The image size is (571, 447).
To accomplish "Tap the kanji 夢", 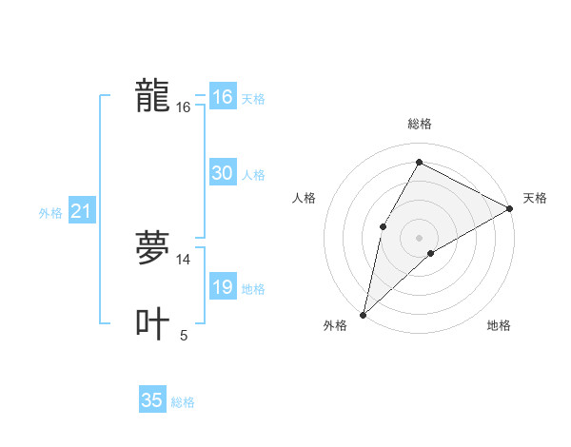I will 152,248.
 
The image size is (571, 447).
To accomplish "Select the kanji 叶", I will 152,323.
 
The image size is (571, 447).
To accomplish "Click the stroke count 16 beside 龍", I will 183,107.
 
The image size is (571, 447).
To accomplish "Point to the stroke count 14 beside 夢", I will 183,259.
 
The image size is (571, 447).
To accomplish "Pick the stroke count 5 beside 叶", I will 184,335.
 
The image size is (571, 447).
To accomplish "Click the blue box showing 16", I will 222,97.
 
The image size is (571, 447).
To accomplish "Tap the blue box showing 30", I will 222,173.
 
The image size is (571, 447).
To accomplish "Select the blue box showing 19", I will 222,287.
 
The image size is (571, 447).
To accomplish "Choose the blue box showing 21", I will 81,211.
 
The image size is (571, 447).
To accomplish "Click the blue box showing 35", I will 152,400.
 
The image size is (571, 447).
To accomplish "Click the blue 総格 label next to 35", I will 183,402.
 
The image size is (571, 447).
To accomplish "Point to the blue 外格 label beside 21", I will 50,213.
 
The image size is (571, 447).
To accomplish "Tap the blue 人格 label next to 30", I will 253,175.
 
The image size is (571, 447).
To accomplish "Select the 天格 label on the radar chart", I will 535,198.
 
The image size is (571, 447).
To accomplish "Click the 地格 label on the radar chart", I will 499,325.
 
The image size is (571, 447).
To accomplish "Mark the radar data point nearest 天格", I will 510,208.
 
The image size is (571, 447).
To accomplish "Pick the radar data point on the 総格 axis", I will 419,162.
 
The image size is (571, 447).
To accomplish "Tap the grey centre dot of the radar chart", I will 419,238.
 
